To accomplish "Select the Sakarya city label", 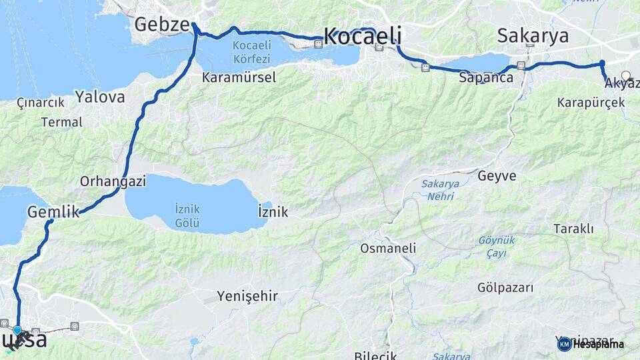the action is tap(533, 35).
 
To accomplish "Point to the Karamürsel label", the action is tap(239, 77).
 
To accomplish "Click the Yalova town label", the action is tap(100, 97).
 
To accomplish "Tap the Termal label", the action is tap(62, 122).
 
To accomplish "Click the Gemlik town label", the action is tap(53, 212).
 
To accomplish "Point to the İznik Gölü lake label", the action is tap(187, 215).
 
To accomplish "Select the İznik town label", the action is tap(273, 212).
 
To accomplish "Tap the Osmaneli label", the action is tap(388, 248).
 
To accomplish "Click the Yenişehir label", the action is tap(247, 295).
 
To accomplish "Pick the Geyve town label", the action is tap(497, 176).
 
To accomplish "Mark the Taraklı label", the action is tap(573, 229).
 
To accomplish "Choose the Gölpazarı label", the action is tap(505, 288).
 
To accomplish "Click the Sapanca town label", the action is tap(486, 78).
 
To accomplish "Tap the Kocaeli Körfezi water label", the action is tap(252, 52).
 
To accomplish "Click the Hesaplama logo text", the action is tap(598, 345).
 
